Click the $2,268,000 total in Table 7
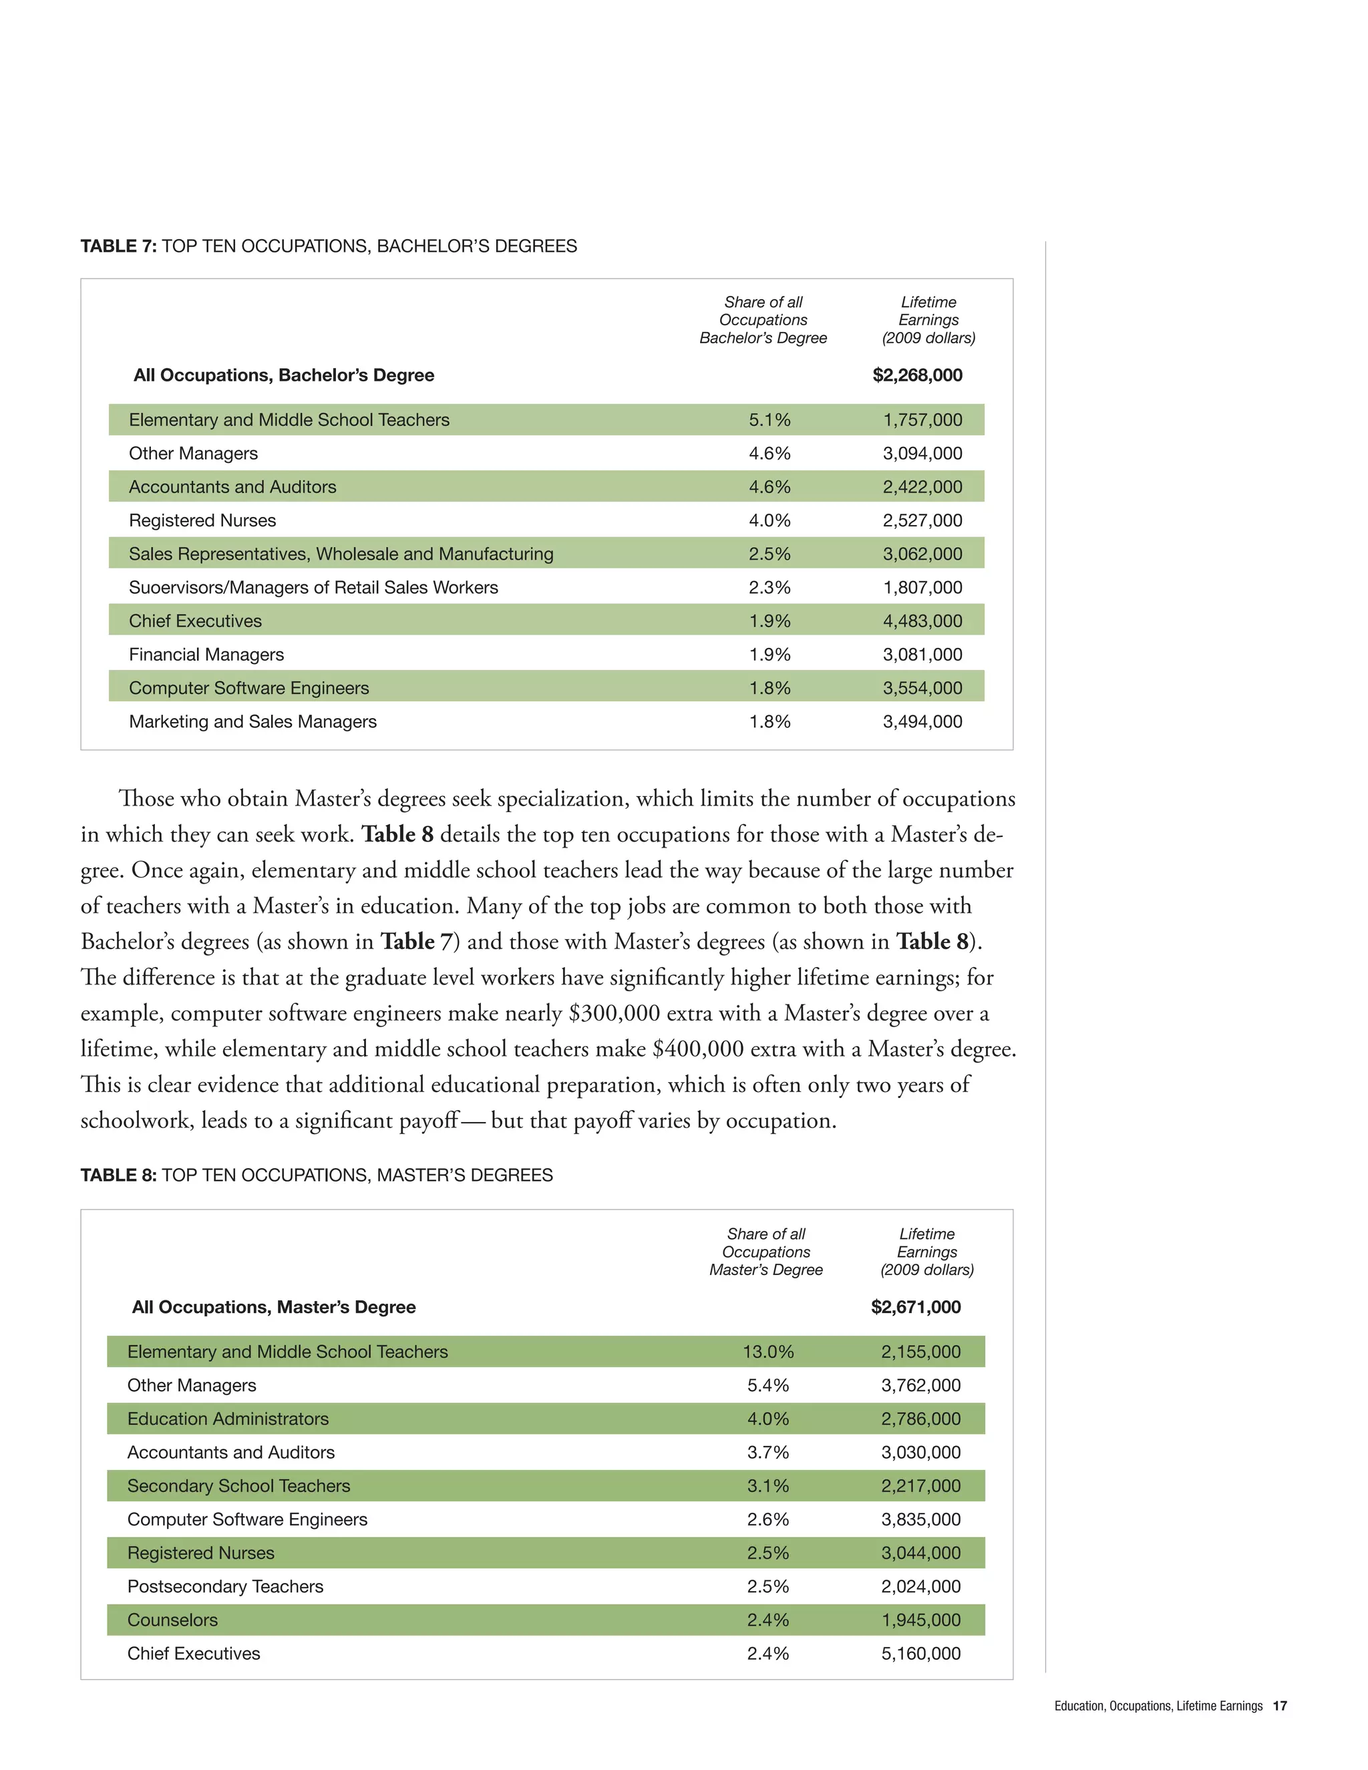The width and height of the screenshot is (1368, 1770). (916, 375)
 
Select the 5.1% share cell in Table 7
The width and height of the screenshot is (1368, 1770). (769, 420)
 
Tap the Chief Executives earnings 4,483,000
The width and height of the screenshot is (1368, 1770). (922, 621)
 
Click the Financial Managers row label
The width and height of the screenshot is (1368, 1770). (206, 654)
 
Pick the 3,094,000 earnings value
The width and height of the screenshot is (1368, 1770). (922, 453)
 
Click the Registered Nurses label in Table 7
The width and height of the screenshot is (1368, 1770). (202, 520)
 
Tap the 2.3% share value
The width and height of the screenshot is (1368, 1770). (769, 588)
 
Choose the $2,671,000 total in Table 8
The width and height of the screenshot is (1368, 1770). (916, 1307)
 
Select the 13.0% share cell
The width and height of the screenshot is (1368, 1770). (767, 1352)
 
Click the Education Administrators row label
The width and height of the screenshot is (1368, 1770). (228, 1419)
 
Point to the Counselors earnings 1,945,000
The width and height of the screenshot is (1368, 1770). (920, 1620)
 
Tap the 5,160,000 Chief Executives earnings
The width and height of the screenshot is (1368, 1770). (920, 1653)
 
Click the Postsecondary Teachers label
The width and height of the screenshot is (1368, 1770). (224, 1587)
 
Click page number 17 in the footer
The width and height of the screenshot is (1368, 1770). (1280, 1706)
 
